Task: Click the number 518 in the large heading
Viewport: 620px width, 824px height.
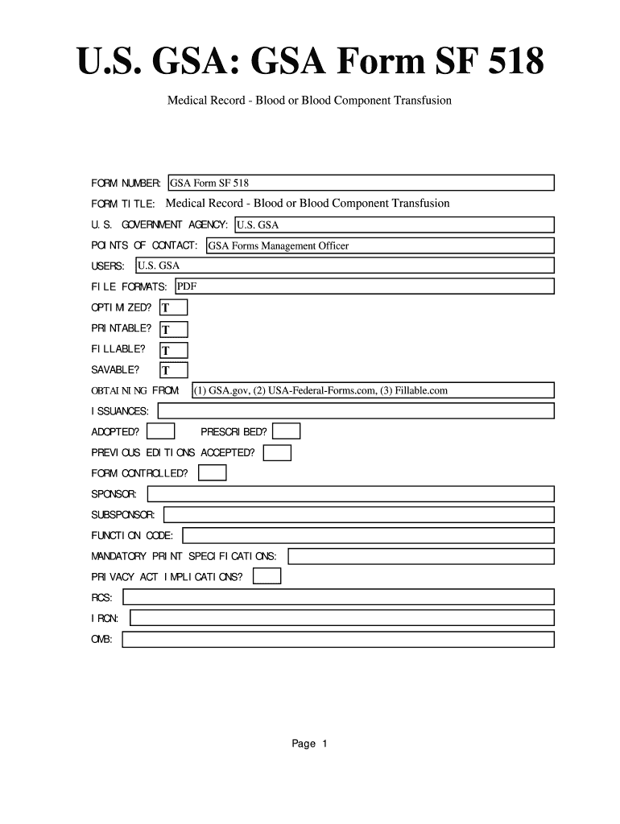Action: (508, 62)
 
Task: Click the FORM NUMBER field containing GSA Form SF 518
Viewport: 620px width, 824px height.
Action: (361, 183)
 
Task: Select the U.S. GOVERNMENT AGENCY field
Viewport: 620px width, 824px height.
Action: (395, 225)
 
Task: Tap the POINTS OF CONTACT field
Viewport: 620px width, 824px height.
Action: (380, 245)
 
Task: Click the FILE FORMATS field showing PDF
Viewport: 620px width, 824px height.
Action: (364, 286)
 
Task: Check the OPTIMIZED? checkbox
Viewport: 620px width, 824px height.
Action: (174, 307)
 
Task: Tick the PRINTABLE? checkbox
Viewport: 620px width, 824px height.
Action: (174, 329)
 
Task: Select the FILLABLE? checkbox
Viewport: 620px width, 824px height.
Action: (174, 350)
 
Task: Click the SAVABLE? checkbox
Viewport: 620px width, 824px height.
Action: (174, 370)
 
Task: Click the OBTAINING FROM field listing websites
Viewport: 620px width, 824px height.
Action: (373, 390)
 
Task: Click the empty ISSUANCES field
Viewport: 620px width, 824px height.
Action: (356, 411)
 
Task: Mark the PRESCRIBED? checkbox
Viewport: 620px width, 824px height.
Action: (287, 432)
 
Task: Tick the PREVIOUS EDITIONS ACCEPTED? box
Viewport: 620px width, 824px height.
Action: (278, 453)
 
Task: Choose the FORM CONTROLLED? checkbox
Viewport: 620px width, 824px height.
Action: (213, 473)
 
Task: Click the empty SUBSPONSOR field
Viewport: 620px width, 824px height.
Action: (359, 514)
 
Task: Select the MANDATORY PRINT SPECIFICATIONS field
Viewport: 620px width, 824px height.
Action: (421, 556)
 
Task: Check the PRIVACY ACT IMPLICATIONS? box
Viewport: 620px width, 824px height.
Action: (267, 576)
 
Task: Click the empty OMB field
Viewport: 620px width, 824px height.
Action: (338, 640)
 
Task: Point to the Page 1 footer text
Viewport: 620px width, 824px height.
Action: (310, 744)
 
